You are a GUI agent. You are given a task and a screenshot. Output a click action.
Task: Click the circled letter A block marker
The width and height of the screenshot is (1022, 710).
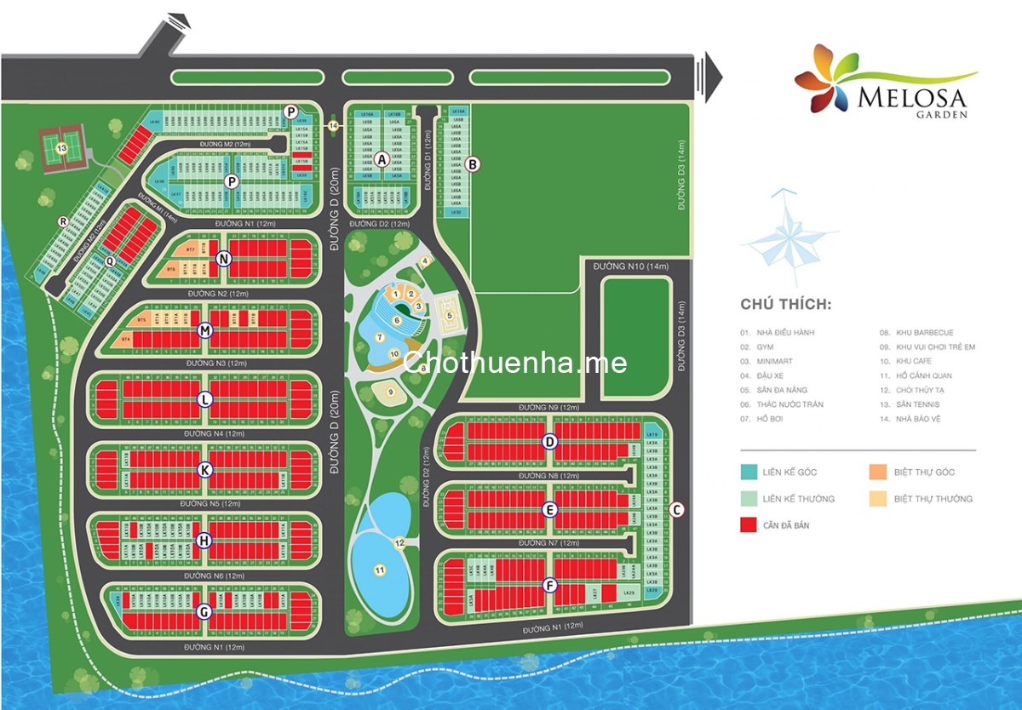coord(382,158)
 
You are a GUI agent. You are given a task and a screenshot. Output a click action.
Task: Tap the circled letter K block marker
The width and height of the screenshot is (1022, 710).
coord(204,470)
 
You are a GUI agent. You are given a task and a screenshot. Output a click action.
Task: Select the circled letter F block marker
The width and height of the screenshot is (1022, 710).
coord(550,585)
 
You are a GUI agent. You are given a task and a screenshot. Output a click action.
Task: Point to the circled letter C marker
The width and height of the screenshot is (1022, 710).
coord(677,510)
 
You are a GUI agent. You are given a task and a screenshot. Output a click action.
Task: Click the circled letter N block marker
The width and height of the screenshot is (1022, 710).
coord(223,259)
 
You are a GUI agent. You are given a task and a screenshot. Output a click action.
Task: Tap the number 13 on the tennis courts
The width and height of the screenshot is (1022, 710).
coord(60,148)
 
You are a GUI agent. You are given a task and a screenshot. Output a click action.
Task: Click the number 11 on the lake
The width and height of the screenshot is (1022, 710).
coord(380,570)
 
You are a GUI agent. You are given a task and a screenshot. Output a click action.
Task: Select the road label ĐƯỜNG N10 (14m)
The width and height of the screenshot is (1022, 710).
coord(629,267)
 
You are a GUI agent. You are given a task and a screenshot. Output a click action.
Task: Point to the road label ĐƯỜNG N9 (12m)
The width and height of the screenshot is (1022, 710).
coord(548,409)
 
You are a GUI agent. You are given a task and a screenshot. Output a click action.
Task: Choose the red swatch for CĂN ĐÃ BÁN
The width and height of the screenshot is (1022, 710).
coord(749,525)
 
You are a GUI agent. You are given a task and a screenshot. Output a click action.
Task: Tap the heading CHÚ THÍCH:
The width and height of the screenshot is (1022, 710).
coord(785,305)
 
